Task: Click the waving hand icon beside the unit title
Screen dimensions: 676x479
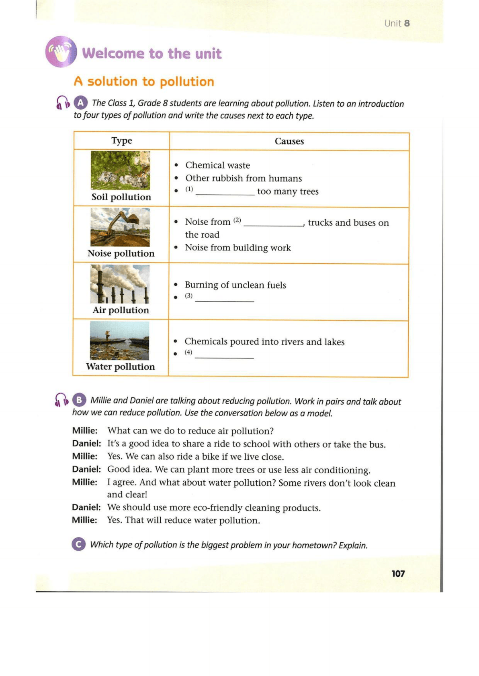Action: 61,52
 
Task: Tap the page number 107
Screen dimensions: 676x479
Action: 398,574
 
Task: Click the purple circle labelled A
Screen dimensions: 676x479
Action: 81,103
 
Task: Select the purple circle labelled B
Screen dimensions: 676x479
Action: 79,400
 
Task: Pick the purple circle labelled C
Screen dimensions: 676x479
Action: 78,544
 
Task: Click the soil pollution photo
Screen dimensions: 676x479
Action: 120,170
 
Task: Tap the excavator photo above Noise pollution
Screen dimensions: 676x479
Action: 120,227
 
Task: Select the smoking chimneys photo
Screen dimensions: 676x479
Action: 120,284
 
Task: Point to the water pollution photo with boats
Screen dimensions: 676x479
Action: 119,340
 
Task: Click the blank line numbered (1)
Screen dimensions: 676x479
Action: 225,193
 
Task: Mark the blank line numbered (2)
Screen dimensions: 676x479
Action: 273,224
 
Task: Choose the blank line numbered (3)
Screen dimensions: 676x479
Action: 224,299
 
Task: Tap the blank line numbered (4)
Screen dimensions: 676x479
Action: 224,356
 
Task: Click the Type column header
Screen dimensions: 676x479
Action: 122,140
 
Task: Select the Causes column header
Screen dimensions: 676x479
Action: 289,141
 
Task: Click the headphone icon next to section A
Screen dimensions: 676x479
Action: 63,103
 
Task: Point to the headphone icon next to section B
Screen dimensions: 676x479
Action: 61,400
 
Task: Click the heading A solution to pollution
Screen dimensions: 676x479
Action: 144,81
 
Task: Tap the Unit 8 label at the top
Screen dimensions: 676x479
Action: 397,23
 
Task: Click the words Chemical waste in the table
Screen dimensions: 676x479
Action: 217,165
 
